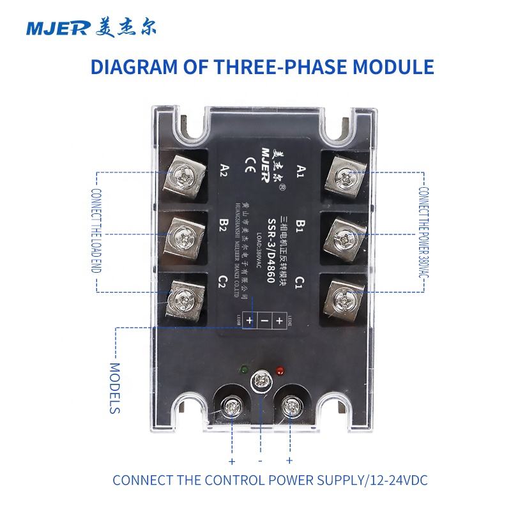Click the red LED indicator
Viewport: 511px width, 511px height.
(x=278, y=370)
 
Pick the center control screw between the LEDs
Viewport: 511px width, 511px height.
(x=260, y=381)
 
